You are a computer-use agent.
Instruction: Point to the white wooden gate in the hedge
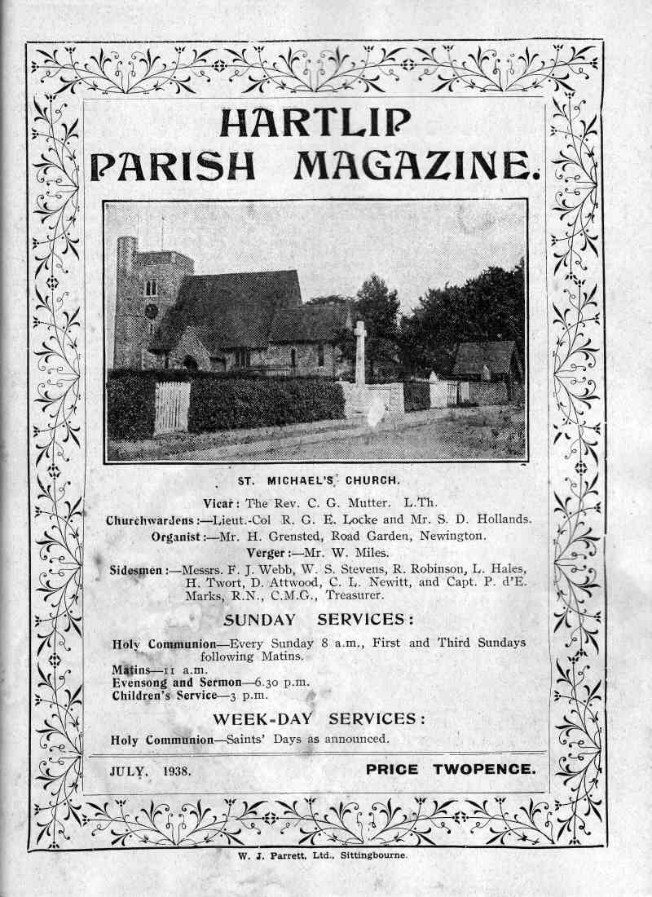(172, 406)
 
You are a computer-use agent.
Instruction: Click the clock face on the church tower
(152, 312)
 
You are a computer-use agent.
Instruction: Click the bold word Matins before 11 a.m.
(130, 669)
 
